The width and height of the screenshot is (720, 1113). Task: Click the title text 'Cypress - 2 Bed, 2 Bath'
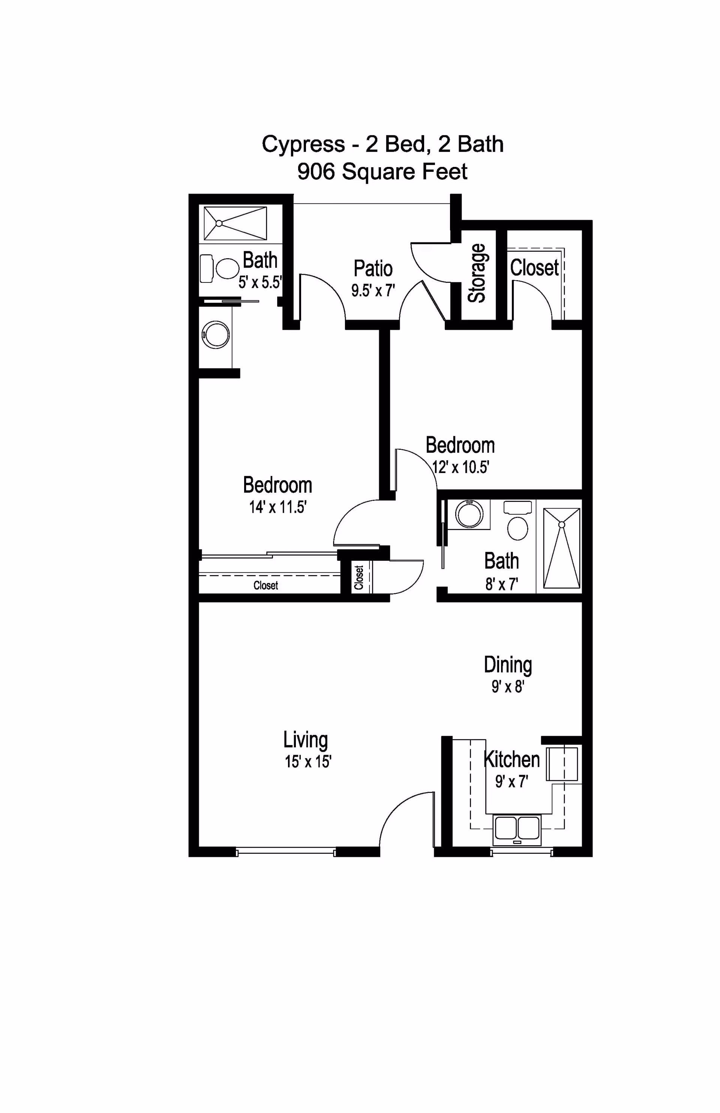tap(382, 144)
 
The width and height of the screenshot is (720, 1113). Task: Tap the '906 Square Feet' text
tap(382, 172)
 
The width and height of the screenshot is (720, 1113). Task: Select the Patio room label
tap(373, 269)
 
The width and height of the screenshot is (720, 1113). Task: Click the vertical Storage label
tap(477, 273)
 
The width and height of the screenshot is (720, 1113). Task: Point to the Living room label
tap(305, 739)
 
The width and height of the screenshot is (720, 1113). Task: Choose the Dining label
tap(508, 664)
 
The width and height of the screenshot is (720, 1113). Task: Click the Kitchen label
tap(511, 759)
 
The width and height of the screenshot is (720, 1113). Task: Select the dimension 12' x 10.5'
tap(460, 467)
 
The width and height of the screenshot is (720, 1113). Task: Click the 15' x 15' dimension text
tap(308, 762)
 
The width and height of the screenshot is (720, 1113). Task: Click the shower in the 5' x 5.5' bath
tap(235, 224)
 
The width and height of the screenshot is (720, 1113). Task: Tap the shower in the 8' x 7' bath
tap(561, 548)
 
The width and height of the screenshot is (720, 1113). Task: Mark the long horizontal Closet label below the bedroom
tap(265, 585)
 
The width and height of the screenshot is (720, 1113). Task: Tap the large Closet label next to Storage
tap(534, 267)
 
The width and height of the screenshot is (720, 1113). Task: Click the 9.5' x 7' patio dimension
tap(373, 290)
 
